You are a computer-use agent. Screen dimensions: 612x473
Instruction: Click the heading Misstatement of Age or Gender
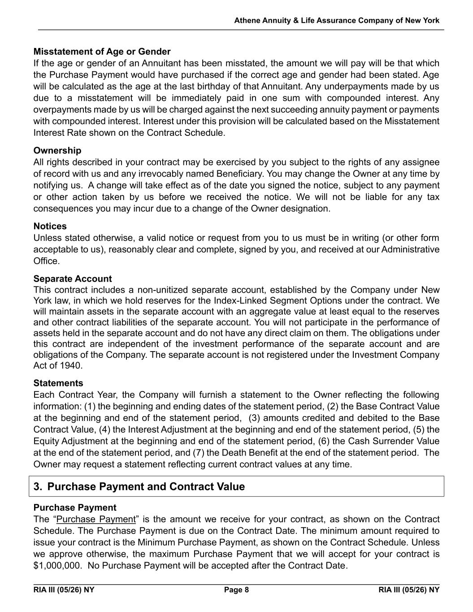pyautogui.click(x=102, y=52)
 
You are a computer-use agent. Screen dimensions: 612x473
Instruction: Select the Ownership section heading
pyautogui.click(x=57, y=150)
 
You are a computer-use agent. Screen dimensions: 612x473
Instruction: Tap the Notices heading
pyautogui.click(x=50, y=226)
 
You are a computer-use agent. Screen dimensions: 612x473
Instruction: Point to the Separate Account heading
pyautogui.click(x=73, y=279)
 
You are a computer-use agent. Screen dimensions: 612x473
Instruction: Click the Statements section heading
pyautogui.click(x=58, y=383)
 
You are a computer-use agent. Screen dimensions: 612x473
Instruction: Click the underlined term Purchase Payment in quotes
pyautogui.click(x=96, y=519)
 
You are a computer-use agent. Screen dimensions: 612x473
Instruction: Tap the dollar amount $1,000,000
pyautogui.click(x=57, y=565)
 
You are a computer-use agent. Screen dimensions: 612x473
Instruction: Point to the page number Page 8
pyautogui.click(x=236, y=590)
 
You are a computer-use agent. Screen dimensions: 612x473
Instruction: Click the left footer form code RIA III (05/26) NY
pyautogui.click(x=64, y=590)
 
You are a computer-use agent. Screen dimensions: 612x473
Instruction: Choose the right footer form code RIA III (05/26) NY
pyautogui.click(x=409, y=590)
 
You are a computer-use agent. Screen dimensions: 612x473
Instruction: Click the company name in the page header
pyautogui.click(x=337, y=21)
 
